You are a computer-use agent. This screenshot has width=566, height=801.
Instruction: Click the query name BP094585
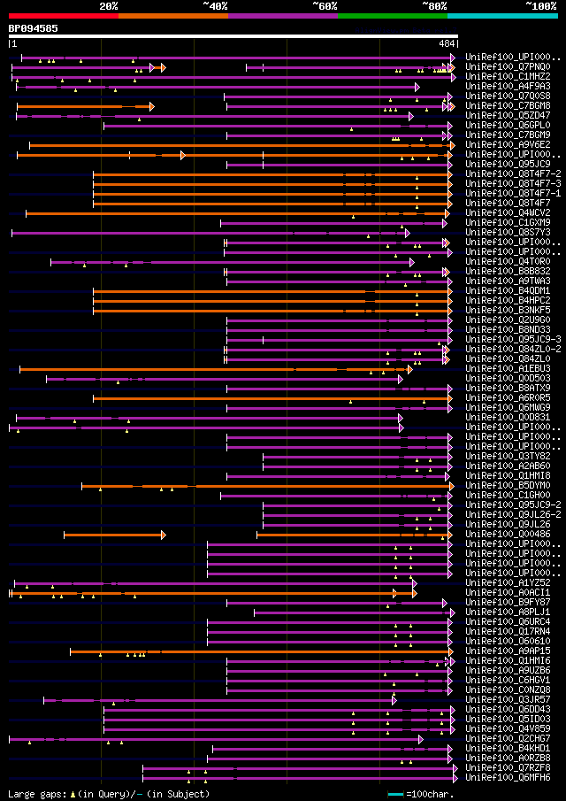pos(34,28)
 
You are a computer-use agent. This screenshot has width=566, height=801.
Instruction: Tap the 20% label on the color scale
pos(109,6)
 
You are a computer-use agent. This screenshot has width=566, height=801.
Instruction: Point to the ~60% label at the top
pos(325,6)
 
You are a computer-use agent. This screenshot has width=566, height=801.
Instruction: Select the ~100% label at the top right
pos(540,6)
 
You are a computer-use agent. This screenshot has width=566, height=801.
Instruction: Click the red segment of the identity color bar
pos(63,16)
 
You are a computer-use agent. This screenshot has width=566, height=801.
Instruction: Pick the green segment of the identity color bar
pos(392,16)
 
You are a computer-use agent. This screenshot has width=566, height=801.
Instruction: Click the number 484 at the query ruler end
pos(446,43)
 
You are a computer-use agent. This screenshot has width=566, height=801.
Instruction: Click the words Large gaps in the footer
pos(36,794)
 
